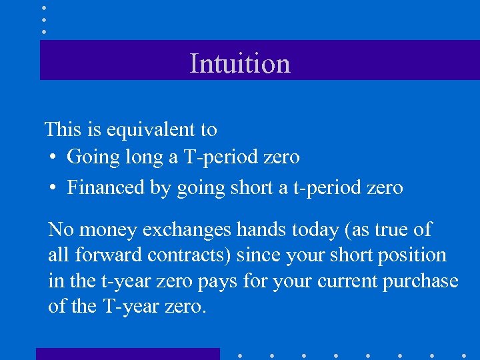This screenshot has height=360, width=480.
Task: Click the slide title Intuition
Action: tap(240, 63)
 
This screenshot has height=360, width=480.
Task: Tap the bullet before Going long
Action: tap(54, 157)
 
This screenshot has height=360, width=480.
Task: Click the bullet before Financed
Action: tap(54, 188)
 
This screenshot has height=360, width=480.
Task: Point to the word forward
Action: tap(101, 255)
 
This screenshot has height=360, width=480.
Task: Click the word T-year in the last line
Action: tap(130, 306)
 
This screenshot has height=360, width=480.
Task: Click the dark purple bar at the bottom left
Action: tap(127, 354)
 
